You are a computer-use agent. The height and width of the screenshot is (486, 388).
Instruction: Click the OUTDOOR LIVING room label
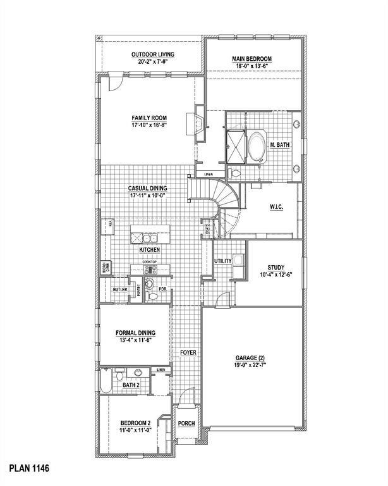153,54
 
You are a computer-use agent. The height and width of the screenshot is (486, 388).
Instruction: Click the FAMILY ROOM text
149,118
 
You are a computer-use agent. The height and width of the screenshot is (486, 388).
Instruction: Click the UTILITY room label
223,261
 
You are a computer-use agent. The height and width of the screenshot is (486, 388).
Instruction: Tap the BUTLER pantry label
120,290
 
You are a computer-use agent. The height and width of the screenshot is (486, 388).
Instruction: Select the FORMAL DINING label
135,332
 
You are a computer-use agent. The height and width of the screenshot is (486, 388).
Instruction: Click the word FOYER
188,352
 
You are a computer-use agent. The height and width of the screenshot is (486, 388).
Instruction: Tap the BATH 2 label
131,385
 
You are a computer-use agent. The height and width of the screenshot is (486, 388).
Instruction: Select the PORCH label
186,423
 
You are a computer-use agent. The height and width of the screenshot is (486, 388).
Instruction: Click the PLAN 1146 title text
28,469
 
